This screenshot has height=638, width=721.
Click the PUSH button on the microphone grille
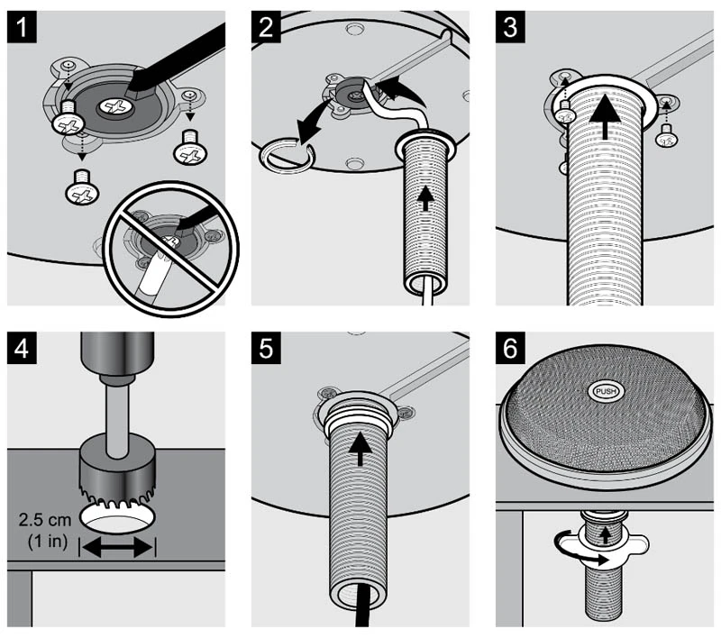pyautogui.click(x=605, y=392)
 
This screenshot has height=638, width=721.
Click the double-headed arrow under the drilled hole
pyautogui.click(x=117, y=547)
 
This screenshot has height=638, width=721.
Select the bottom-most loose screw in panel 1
pyautogui.click(x=80, y=187)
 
